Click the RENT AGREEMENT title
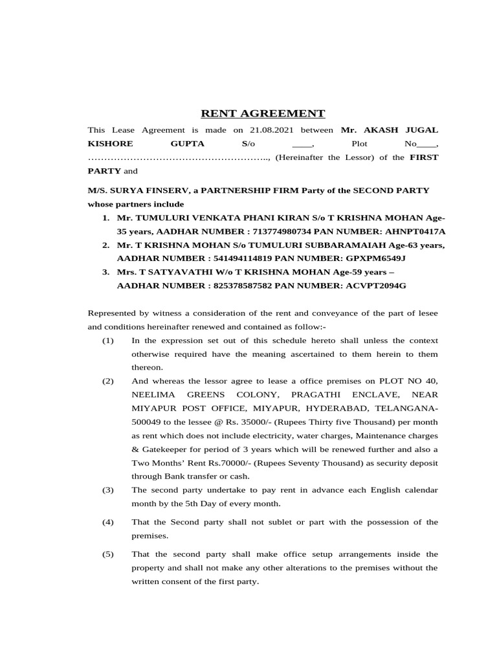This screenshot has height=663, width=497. (263, 114)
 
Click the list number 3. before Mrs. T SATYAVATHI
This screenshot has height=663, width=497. (105, 272)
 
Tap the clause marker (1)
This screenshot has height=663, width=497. (107, 341)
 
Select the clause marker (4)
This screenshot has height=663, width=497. (107, 522)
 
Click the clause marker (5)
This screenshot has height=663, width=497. (107, 554)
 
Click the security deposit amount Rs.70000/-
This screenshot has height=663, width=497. (204, 463)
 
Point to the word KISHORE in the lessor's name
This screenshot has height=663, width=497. (111, 143)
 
